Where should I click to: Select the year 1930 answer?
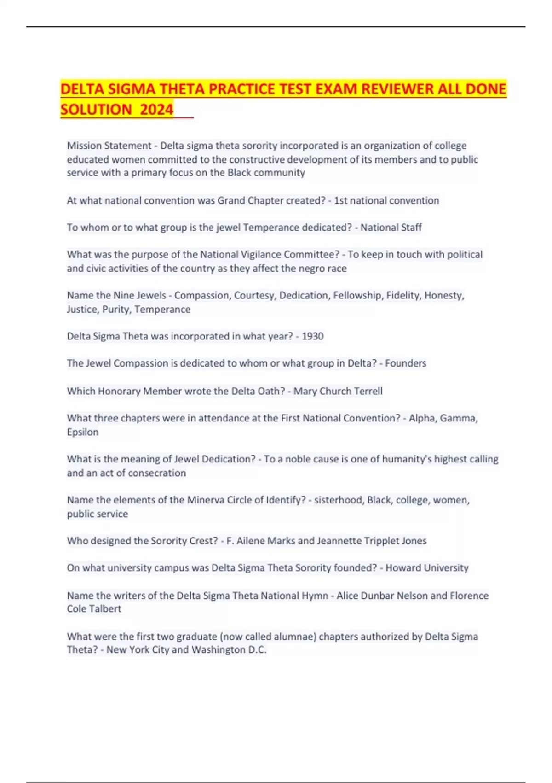click(x=312, y=336)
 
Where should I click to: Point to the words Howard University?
click(x=427, y=567)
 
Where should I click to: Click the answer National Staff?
click(x=391, y=227)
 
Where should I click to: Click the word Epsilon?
click(x=83, y=432)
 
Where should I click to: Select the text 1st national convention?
click(x=386, y=200)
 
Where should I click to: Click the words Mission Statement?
click(x=109, y=146)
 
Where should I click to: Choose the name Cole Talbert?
click(x=94, y=608)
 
